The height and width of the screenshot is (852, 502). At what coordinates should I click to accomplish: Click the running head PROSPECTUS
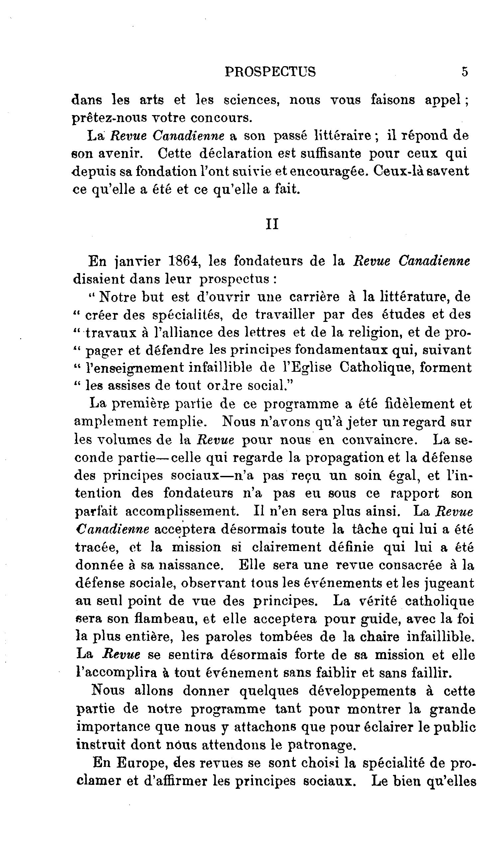pyautogui.click(x=270, y=72)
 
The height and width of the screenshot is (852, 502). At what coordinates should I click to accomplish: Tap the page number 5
pyautogui.click(x=465, y=72)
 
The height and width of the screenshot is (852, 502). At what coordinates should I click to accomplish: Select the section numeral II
pyautogui.click(x=272, y=224)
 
